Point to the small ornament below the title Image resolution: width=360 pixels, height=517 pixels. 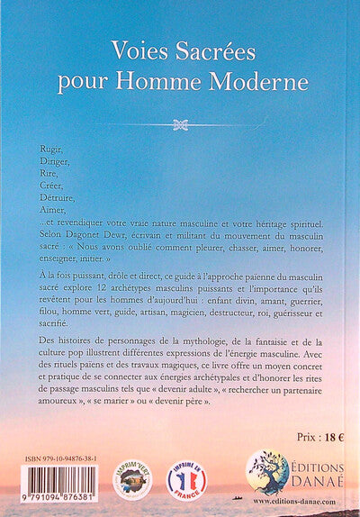(181, 124)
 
